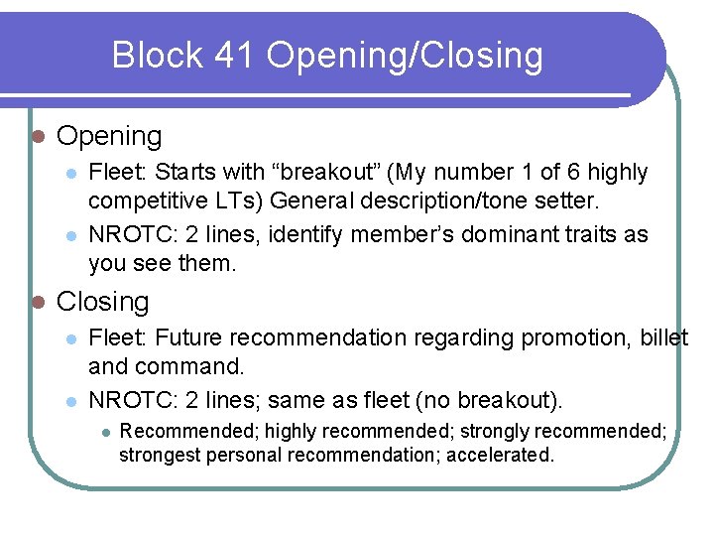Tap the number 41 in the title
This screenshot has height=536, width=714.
[235, 56]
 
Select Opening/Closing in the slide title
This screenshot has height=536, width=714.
[405, 56]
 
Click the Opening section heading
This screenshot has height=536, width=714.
[109, 136]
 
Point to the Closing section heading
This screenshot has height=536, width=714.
[103, 302]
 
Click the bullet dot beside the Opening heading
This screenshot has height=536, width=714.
[36, 136]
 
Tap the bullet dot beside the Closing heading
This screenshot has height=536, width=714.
[36, 302]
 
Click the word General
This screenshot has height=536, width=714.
[309, 201]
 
